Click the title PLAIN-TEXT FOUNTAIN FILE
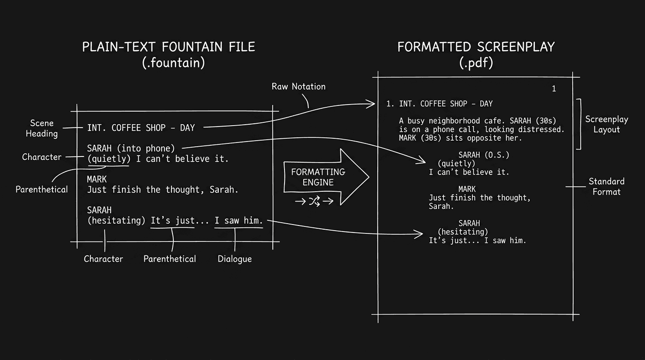pyautogui.click(x=169, y=47)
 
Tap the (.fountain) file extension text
pyautogui.click(x=173, y=63)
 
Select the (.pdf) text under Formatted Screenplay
pyautogui.click(x=476, y=63)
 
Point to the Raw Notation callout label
pyautogui.click(x=299, y=86)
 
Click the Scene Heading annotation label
pyautogui.click(x=42, y=128)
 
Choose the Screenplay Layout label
pyautogui.click(x=607, y=124)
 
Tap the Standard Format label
pyautogui.click(x=607, y=187)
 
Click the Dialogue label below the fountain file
pyautogui.click(x=234, y=259)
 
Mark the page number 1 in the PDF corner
pyautogui.click(x=554, y=89)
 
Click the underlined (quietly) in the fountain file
pyautogui.click(x=109, y=159)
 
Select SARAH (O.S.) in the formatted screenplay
pyautogui.click(x=483, y=155)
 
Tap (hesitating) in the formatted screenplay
pyautogui.click(x=463, y=232)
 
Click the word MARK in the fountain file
pyautogui.click(x=97, y=179)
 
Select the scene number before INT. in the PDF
pyautogui.click(x=389, y=104)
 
